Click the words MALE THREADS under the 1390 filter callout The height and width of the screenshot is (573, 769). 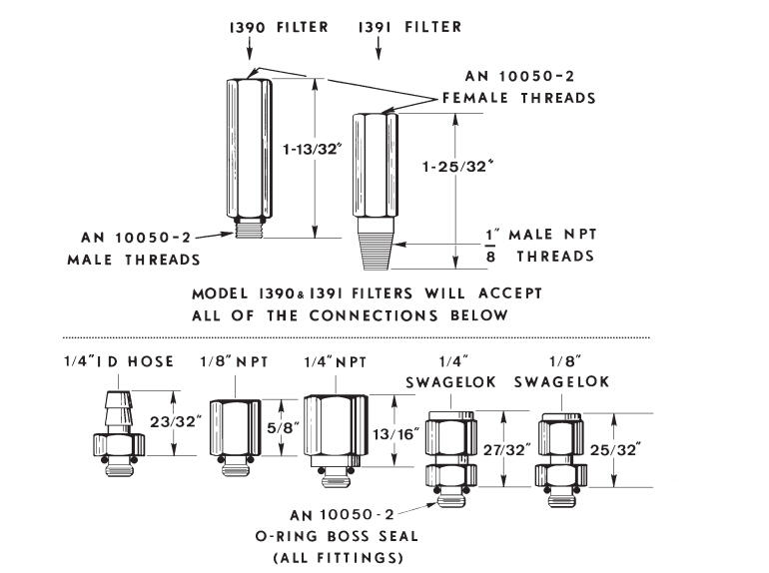(134, 260)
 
